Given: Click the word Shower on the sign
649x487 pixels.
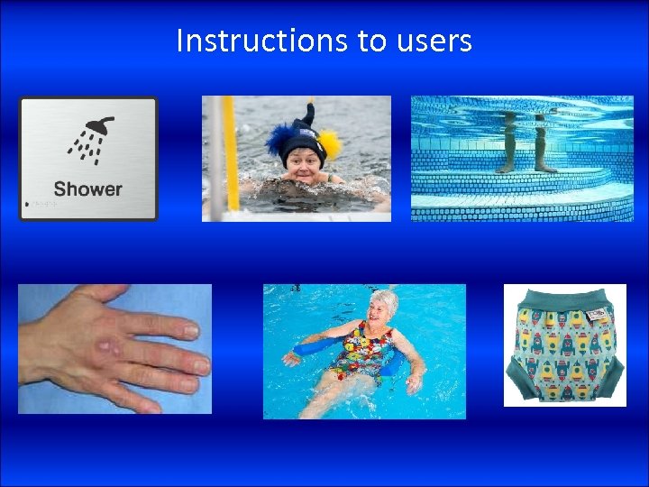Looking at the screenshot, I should (87, 189).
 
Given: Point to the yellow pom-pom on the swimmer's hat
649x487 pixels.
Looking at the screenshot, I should (332, 142).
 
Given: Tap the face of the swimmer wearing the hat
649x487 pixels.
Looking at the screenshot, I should (303, 164).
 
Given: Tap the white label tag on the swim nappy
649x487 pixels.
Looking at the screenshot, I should (598, 316).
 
